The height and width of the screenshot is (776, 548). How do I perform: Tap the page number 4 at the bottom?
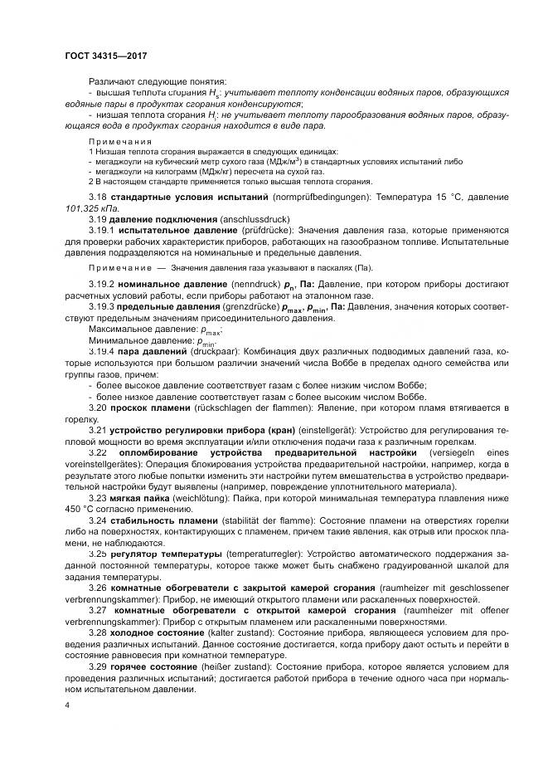67,704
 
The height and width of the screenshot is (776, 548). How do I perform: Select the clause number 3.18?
99,198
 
